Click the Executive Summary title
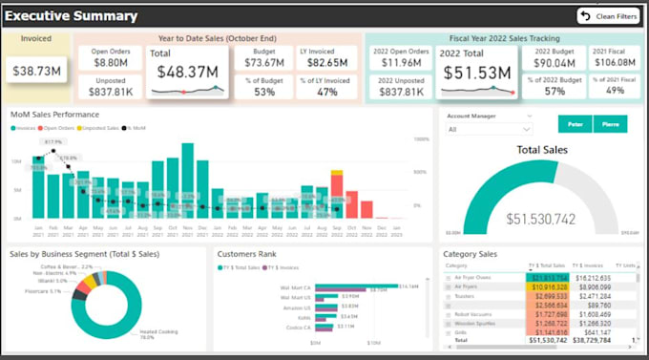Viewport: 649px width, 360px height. click(x=73, y=16)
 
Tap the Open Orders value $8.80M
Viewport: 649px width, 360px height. click(x=111, y=62)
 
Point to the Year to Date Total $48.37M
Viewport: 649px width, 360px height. click(x=186, y=71)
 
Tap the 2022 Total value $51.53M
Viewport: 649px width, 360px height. click(x=475, y=72)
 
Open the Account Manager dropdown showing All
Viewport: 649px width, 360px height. click(x=490, y=129)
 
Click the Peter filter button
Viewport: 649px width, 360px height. click(x=575, y=123)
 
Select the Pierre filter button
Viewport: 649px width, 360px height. click(x=610, y=123)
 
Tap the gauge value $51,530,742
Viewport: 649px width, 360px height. click(x=542, y=219)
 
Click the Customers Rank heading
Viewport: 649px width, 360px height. click(x=247, y=255)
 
